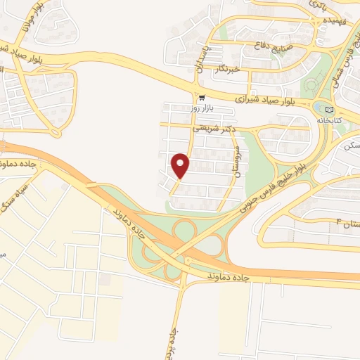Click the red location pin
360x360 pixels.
[181, 165]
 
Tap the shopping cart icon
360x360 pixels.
[202, 98]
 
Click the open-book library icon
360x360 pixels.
[330, 109]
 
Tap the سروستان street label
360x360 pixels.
[238, 162]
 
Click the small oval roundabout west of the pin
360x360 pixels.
[55, 131]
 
